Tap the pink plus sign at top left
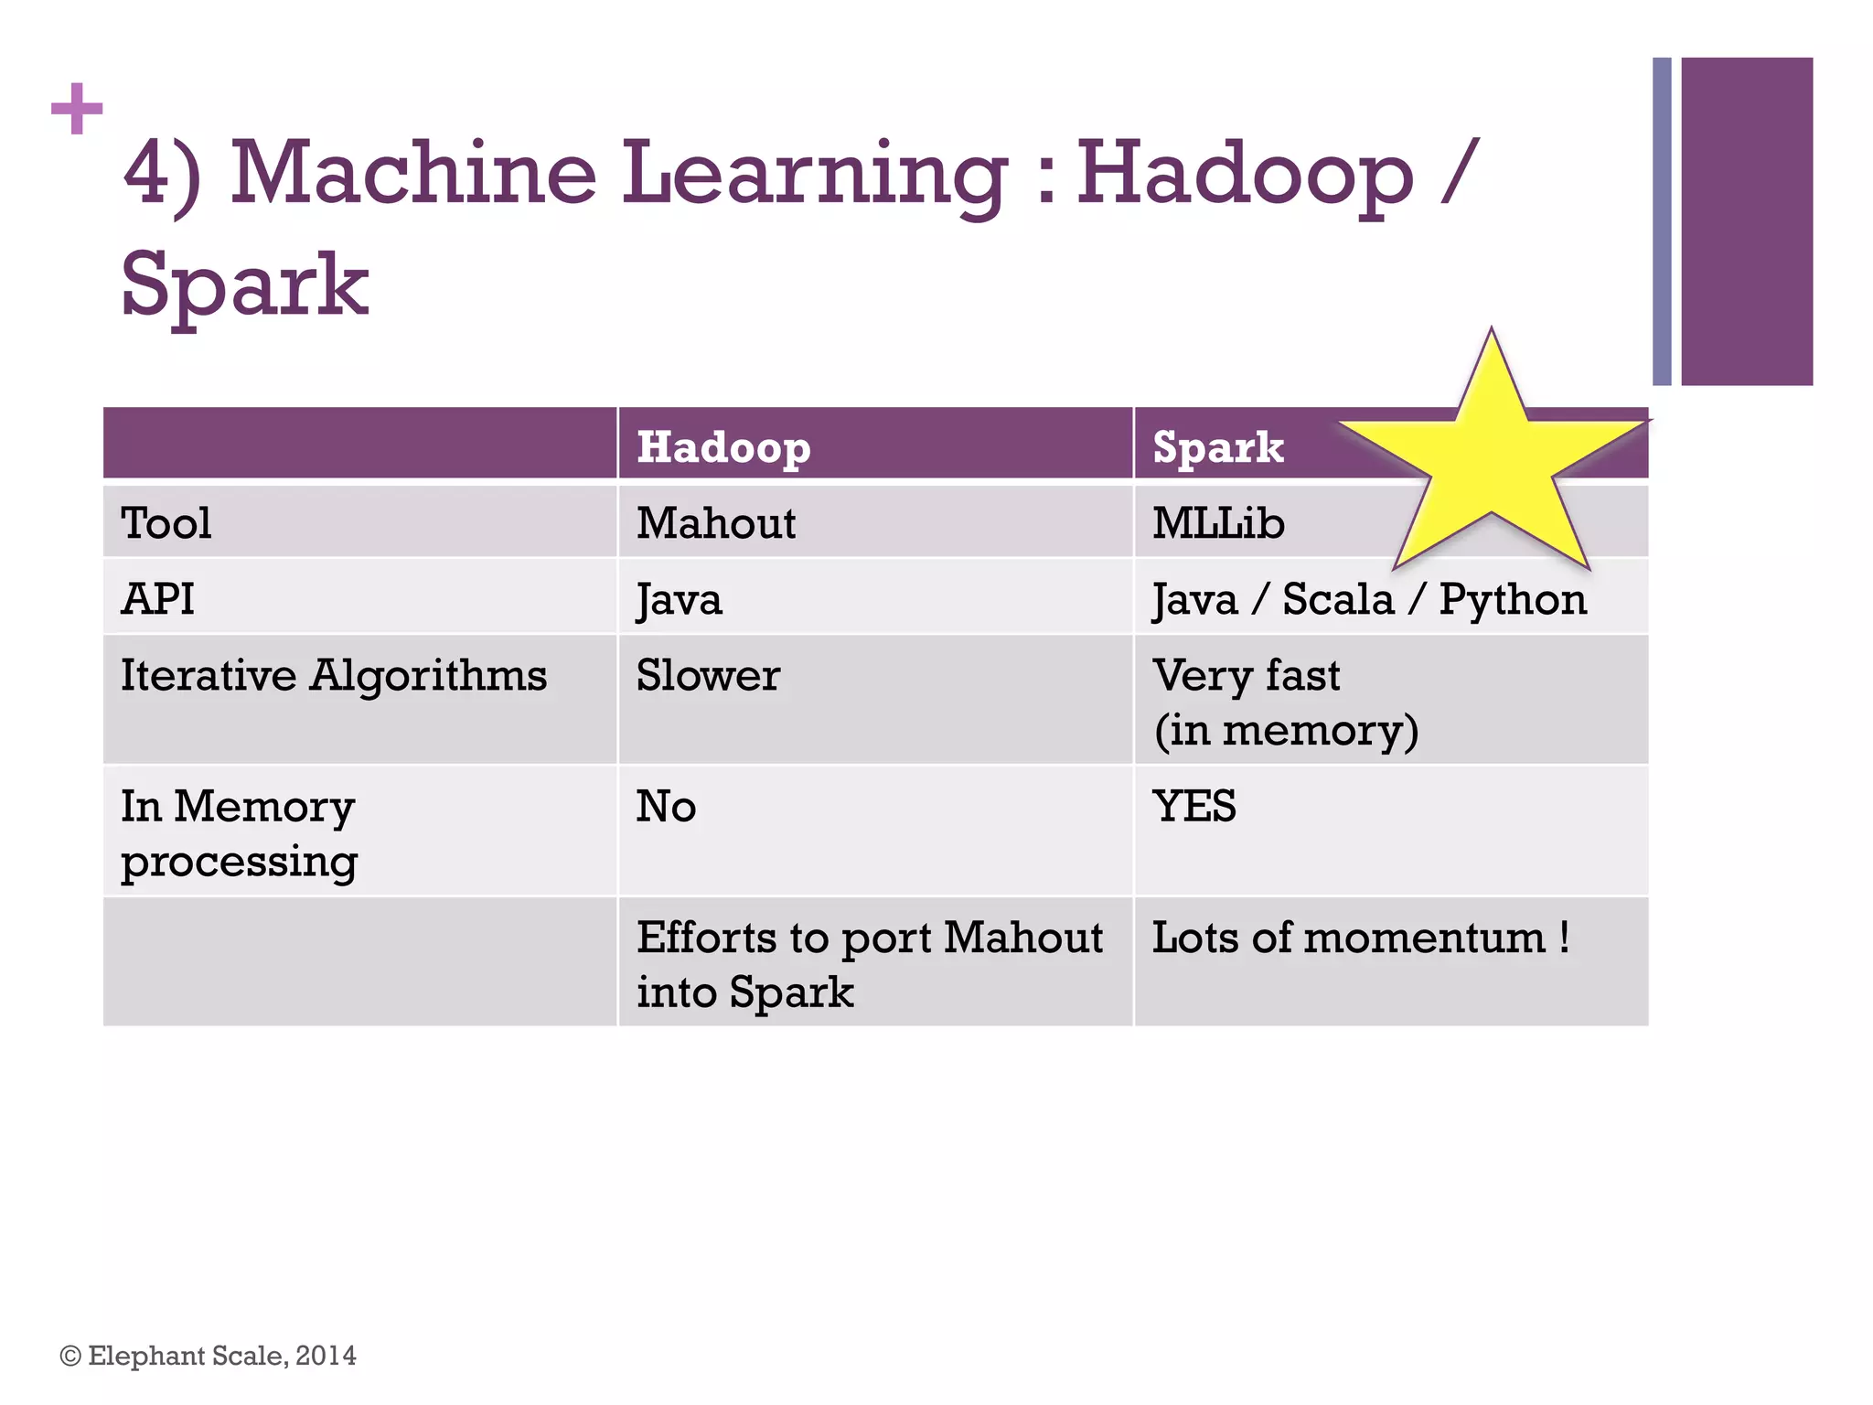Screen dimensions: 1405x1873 [x=77, y=109]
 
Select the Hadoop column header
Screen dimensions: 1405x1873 [x=723, y=447]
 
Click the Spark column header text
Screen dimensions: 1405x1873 [x=1217, y=447]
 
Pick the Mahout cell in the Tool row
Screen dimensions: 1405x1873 [x=716, y=523]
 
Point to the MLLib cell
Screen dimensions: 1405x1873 [x=1218, y=523]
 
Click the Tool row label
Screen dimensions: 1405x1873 [x=166, y=523]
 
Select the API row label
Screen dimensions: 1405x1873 [x=157, y=599]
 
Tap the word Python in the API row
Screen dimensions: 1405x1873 [x=1513, y=599]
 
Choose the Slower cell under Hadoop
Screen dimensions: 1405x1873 [x=708, y=675]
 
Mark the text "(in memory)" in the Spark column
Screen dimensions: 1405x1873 [x=1286, y=730]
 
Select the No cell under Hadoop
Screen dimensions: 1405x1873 [x=666, y=806]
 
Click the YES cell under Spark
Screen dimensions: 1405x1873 [x=1193, y=806]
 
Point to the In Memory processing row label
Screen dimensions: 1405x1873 [x=239, y=833]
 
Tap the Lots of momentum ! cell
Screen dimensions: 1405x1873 [x=1360, y=938]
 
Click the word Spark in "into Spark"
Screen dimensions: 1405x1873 [x=792, y=992]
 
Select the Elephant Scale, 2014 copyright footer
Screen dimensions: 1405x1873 [x=209, y=1355]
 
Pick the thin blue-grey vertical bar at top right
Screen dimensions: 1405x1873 [x=1662, y=221]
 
